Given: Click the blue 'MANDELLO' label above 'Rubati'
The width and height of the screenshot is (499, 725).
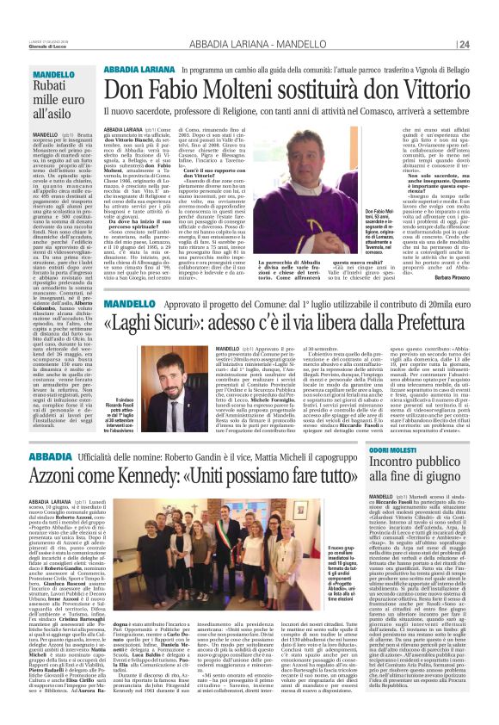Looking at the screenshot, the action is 54,76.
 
